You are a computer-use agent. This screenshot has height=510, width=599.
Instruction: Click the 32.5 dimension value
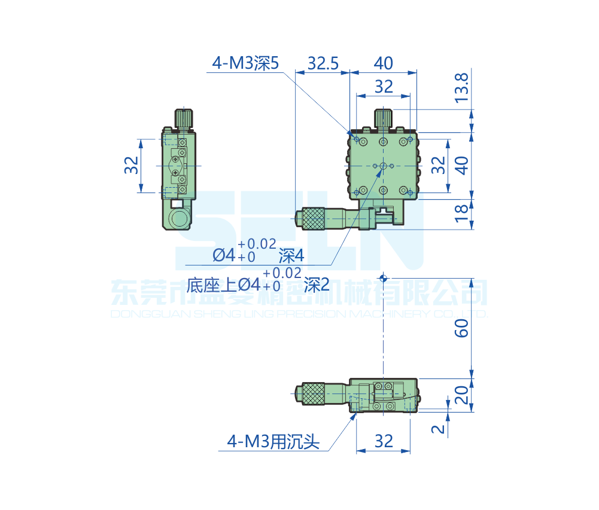[323, 63]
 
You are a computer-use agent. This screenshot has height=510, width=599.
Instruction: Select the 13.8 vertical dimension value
[462, 87]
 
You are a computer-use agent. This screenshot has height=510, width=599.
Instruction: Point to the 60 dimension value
[462, 328]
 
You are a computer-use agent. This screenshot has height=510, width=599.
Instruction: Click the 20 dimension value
[462, 395]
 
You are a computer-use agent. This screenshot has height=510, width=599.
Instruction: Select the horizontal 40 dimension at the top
[383, 63]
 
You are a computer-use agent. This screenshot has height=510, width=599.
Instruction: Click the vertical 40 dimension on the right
[462, 165]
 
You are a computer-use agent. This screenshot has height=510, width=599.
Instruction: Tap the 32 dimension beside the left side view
[131, 166]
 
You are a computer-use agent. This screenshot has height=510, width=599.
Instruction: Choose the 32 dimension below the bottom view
[384, 441]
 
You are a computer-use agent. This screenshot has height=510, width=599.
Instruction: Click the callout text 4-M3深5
[245, 63]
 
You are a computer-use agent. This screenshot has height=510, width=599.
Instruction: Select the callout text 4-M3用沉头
[273, 442]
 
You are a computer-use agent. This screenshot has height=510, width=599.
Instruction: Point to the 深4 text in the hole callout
[291, 256]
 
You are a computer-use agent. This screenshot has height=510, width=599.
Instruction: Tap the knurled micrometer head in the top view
[313, 218]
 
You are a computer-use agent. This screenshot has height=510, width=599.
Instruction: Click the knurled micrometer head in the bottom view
[313, 394]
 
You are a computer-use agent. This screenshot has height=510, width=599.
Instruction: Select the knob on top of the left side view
[184, 118]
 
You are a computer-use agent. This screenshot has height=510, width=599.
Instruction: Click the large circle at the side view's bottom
[178, 219]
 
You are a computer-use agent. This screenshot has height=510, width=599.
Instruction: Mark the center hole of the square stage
[383, 166]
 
